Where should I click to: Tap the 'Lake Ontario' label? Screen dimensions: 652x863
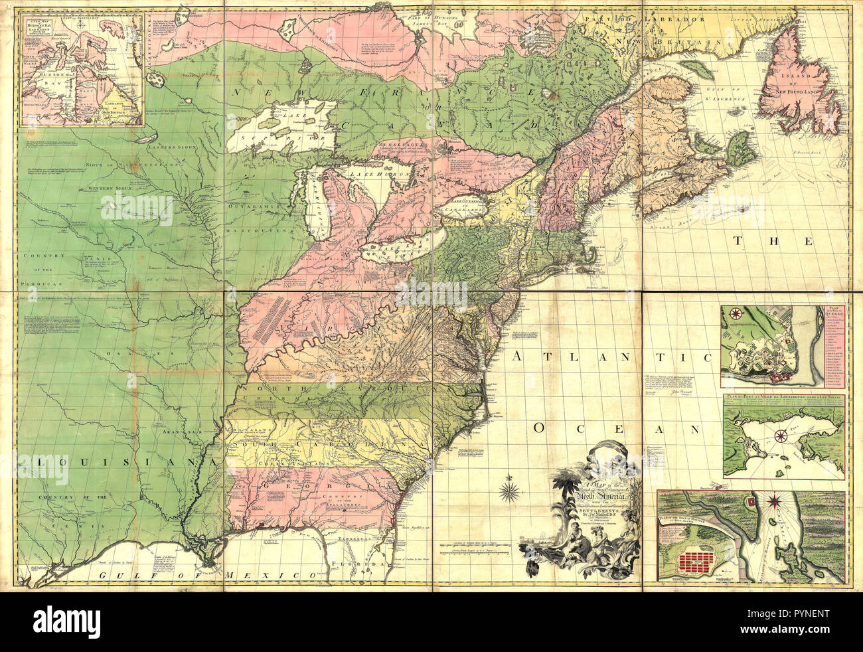[462, 200]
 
